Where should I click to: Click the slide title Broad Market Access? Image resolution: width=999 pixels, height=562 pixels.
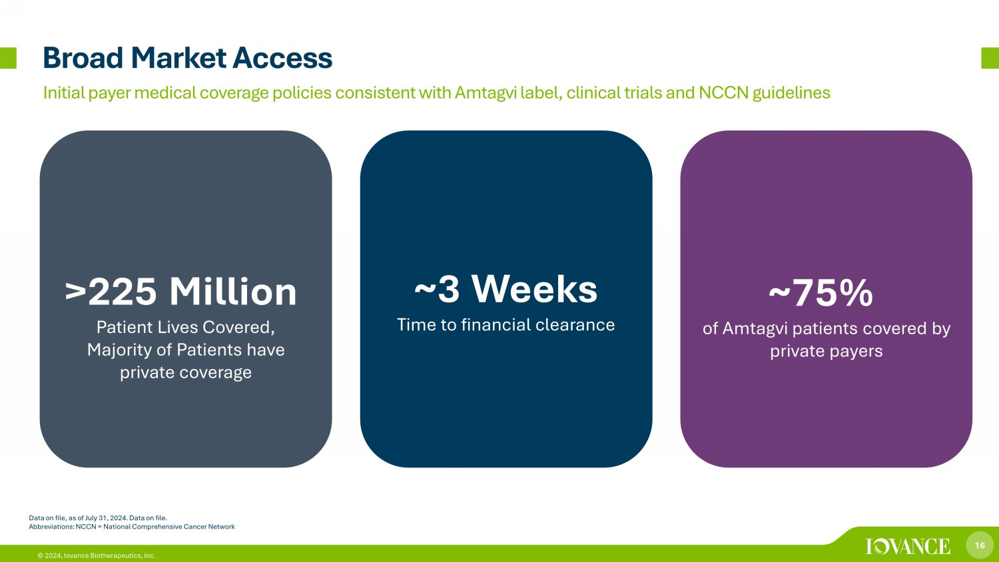point(188,58)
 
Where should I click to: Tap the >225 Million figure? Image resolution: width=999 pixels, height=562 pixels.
point(181,292)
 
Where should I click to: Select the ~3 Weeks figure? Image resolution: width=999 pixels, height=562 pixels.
point(505,289)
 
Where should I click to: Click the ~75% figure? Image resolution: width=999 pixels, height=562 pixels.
point(821,293)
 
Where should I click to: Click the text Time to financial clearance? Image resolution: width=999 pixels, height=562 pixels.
point(505,325)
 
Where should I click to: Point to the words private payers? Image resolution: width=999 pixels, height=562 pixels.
point(826,351)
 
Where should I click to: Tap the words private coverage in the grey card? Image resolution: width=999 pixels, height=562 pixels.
point(186,372)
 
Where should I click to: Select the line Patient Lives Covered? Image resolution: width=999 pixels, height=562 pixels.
point(186,328)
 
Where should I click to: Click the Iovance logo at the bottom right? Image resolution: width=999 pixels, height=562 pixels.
point(908,547)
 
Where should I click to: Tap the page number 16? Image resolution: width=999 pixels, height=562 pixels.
point(980,545)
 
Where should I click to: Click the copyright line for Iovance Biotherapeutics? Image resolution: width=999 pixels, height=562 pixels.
point(97,556)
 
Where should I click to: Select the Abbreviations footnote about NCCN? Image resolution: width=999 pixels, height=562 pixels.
point(132,527)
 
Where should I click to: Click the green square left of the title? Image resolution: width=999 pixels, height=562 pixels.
point(8,58)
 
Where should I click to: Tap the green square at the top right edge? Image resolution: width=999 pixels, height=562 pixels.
point(990,58)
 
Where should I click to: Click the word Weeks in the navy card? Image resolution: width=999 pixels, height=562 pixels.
point(534,289)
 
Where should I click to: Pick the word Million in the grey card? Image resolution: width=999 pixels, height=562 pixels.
point(233,292)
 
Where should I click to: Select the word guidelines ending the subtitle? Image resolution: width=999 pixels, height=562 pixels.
point(791,93)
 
